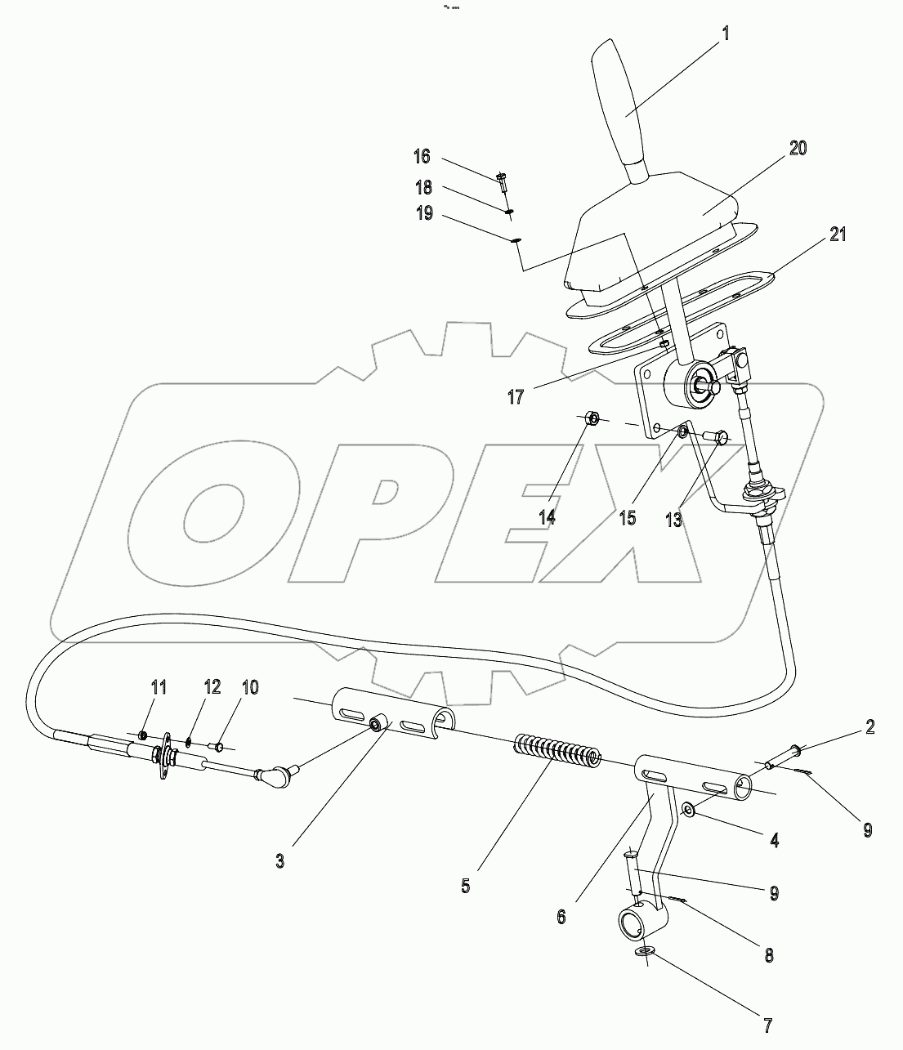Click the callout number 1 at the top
[x=724, y=35]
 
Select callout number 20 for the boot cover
[x=775, y=148]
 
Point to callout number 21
[x=837, y=235]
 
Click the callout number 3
[x=279, y=861]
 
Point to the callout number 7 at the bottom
[x=767, y=1024]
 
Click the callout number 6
[x=561, y=917]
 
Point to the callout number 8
[x=767, y=954]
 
